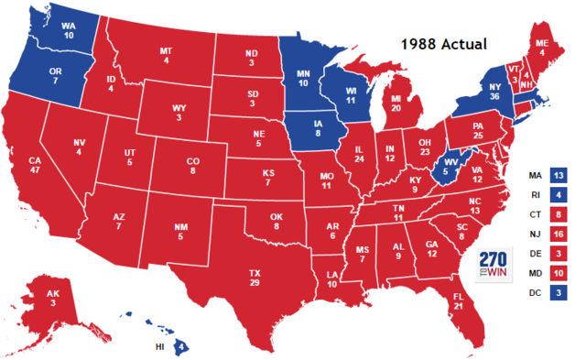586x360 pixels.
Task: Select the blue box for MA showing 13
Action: click(x=559, y=174)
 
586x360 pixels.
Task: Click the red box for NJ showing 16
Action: click(x=559, y=234)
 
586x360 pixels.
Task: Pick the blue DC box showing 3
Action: click(x=559, y=293)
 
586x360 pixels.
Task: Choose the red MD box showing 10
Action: click(x=559, y=273)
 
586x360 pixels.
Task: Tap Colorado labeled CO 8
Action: click(x=192, y=166)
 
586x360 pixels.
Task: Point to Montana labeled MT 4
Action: click(x=166, y=55)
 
